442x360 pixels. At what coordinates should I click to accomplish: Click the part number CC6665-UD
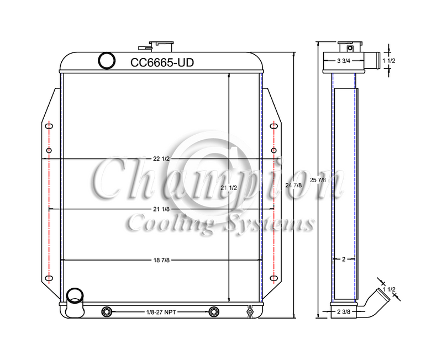(x=162, y=63)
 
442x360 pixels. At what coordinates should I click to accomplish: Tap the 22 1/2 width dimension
(x=162, y=159)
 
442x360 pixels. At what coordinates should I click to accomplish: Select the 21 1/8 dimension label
(x=162, y=209)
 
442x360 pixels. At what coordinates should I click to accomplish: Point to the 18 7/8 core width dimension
(x=162, y=260)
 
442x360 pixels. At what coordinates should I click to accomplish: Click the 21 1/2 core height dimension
(x=228, y=188)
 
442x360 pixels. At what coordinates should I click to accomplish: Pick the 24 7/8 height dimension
(x=293, y=185)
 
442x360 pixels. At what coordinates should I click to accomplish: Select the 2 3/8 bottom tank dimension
(x=344, y=313)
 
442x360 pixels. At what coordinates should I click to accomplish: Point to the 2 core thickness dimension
(x=344, y=258)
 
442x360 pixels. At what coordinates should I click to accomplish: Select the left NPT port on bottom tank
(x=107, y=313)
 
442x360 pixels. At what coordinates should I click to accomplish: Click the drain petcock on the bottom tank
(x=249, y=313)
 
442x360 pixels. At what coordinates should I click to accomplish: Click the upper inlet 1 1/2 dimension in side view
(x=393, y=61)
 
